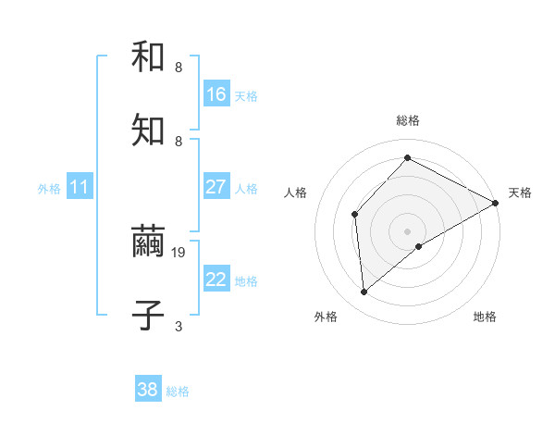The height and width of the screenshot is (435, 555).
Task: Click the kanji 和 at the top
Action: point(148,57)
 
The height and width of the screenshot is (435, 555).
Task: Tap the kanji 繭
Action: point(148,242)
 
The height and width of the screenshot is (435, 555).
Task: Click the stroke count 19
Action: point(179,252)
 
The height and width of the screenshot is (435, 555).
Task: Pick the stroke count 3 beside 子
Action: point(179,326)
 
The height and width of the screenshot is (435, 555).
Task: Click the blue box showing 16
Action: point(216,94)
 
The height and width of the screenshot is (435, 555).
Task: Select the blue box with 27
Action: point(216,187)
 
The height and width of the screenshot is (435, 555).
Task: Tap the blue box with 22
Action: point(216,280)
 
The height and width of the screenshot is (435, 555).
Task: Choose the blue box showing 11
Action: point(80,187)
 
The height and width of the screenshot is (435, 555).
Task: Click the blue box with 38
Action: point(148,390)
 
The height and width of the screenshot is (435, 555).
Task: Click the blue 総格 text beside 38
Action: point(178,391)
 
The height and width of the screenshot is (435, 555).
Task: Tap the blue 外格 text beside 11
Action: point(49,189)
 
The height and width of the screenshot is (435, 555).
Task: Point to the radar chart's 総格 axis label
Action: point(408,120)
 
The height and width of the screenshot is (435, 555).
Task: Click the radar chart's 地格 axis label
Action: point(485,317)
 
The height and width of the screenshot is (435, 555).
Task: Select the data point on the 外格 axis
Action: point(364,292)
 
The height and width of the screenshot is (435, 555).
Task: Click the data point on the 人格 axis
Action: point(354,214)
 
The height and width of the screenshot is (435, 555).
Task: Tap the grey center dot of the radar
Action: point(408,230)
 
